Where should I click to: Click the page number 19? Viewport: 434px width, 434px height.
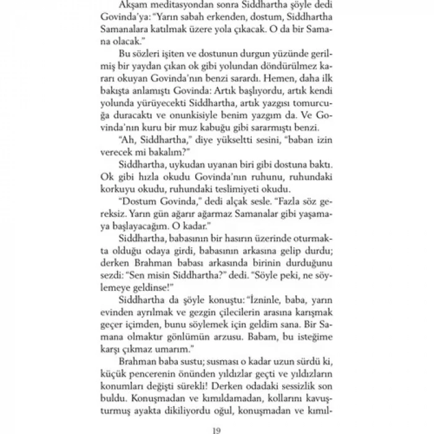pos(217,424)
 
